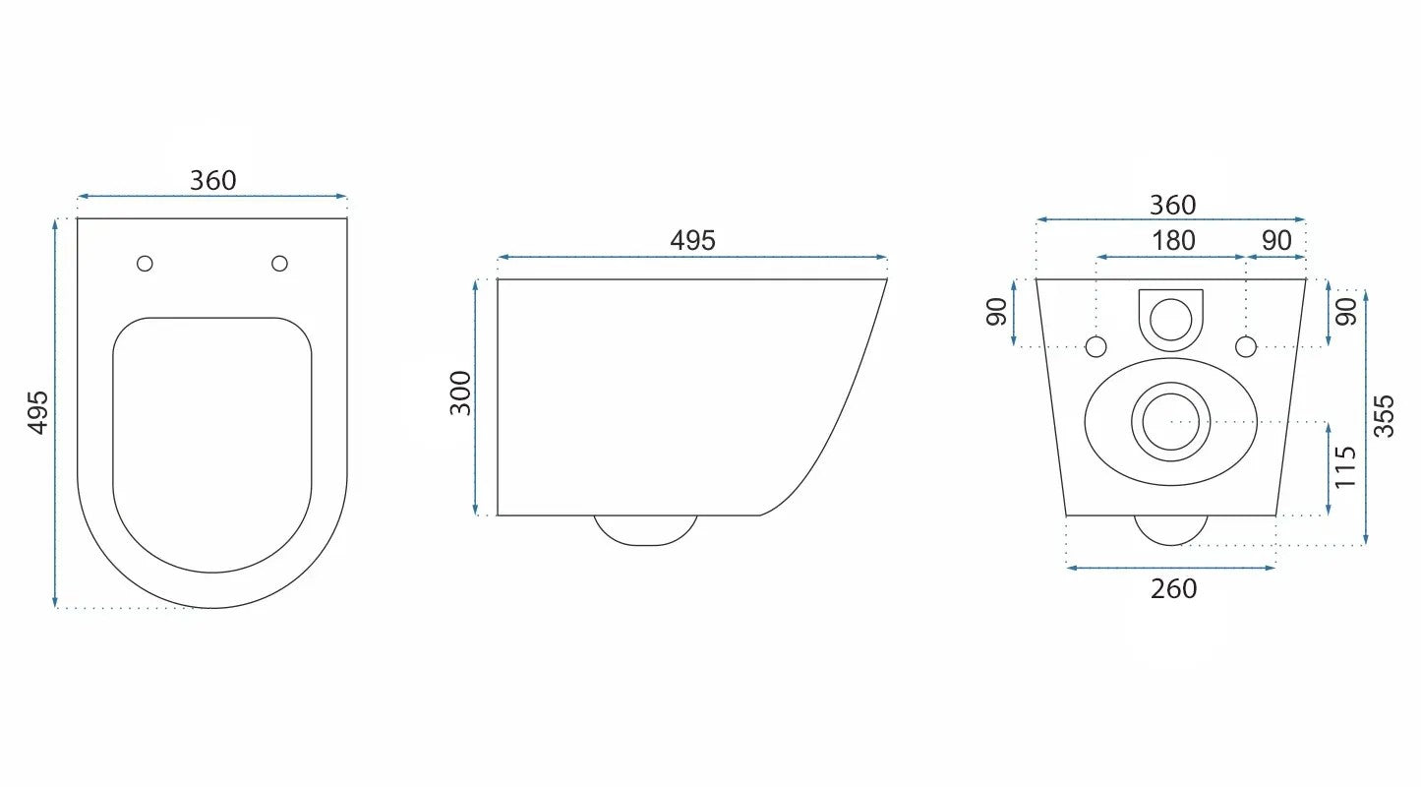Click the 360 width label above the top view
pos(213,181)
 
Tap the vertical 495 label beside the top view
pos(38,412)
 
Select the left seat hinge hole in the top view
pos(145,264)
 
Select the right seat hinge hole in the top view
pos(279,264)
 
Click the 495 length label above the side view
pos(692,241)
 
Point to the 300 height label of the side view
pos(460,393)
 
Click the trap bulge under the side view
pos(646,530)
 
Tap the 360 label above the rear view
pos(1173,205)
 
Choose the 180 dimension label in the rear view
pos(1173,241)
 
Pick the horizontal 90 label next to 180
pos(1276,241)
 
